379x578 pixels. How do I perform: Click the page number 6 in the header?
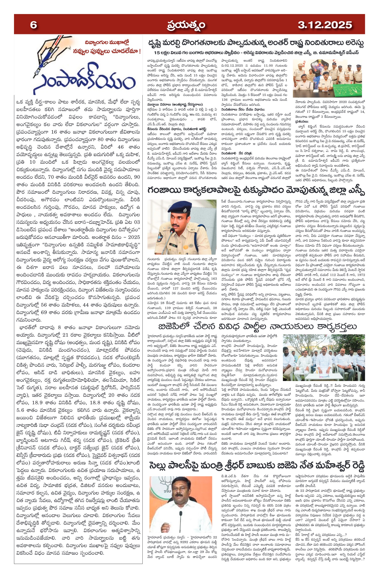(x=33, y=25)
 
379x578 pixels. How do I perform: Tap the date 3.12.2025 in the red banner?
(x=325, y=25)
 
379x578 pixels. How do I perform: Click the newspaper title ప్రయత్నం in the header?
(x=186, y=25)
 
